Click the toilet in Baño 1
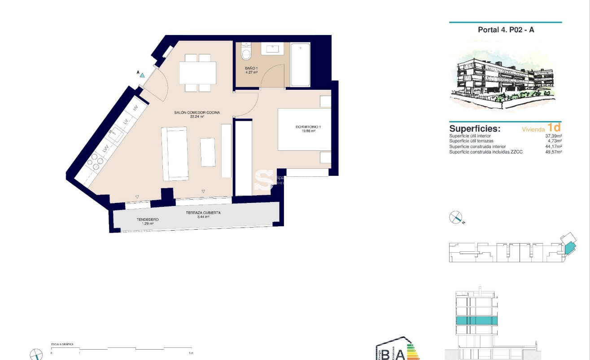(245, 53)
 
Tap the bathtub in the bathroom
(300, 65)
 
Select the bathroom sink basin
(272, 48)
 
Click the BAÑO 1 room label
(251, 70)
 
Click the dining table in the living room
(197, 73)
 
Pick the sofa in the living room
(175, 153)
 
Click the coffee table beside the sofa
(208, 152)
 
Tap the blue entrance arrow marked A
(142, 75)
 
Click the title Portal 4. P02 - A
(506, 30)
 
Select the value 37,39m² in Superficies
(553, 136)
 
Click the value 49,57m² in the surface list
(553, 152)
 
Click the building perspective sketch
(505, 79)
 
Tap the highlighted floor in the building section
(476, 320)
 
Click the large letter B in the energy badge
(385, 353)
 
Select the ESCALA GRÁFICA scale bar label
(62, 345)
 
